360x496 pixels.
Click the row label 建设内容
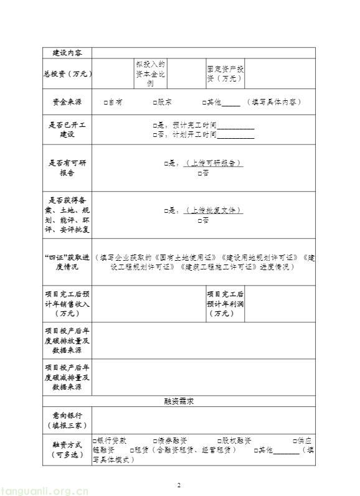(67, 52)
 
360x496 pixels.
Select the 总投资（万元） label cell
(67, 73)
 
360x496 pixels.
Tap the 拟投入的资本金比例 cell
(150, 73)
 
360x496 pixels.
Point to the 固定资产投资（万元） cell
(225, 73)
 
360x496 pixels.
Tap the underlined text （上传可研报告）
(214, 163)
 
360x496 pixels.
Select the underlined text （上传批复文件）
(214, 210)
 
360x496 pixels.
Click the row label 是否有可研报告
(67, 168)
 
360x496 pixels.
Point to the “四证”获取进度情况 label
(67, 262)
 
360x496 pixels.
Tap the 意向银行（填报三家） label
(67, 419)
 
